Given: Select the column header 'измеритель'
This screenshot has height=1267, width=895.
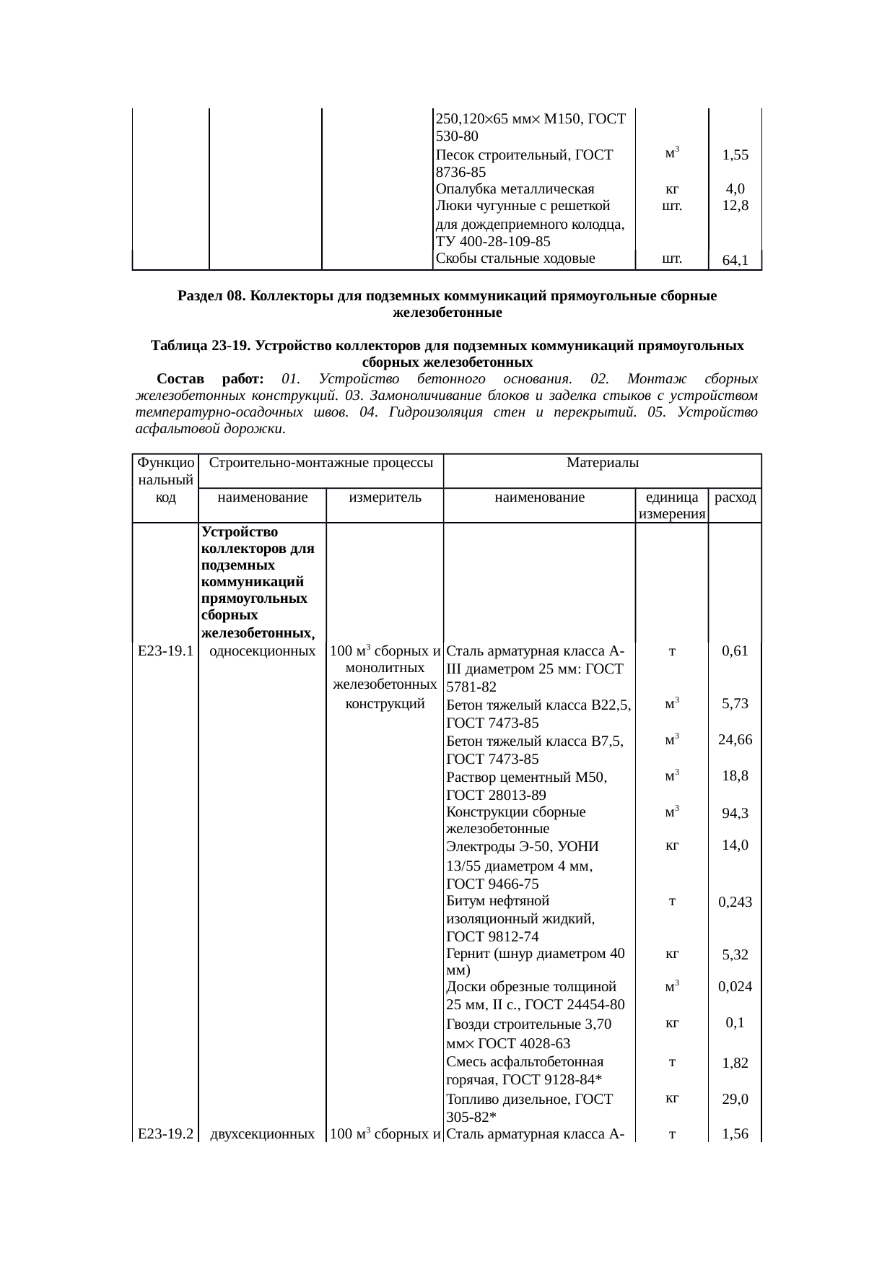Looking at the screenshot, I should click(385, 497).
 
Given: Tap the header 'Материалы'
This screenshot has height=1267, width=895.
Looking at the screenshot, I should click(603, 462).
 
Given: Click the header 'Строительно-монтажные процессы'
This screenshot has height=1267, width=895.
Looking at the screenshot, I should click(320, 462).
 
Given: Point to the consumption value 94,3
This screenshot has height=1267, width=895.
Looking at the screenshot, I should click(735, 813).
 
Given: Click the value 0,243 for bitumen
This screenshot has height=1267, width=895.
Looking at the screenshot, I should click(735, 902).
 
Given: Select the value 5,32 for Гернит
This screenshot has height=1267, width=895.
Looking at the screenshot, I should click(735, 955).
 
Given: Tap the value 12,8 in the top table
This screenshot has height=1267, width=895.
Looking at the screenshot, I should click(735, 206).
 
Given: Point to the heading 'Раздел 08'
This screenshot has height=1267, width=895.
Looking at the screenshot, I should click(209, 297).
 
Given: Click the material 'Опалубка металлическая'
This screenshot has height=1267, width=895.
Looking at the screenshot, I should click(515, 190).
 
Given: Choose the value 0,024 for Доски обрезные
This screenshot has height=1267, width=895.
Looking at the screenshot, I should click(735, 987).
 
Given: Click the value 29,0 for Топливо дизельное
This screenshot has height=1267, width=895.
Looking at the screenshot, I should click(735, 1100).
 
